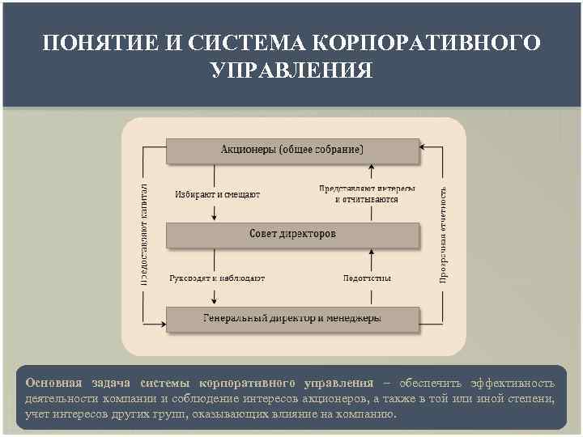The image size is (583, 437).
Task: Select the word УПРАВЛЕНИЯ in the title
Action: click(291, 70)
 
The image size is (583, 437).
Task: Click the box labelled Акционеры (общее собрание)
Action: click(292, 150)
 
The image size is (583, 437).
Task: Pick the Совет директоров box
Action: click(292, 235)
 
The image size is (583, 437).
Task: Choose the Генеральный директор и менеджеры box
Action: click(292, 318)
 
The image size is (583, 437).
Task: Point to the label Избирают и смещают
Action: click(217, 194)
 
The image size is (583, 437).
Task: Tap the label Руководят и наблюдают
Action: click(217, 278)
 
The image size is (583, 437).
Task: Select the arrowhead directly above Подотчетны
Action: click(372, 253)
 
